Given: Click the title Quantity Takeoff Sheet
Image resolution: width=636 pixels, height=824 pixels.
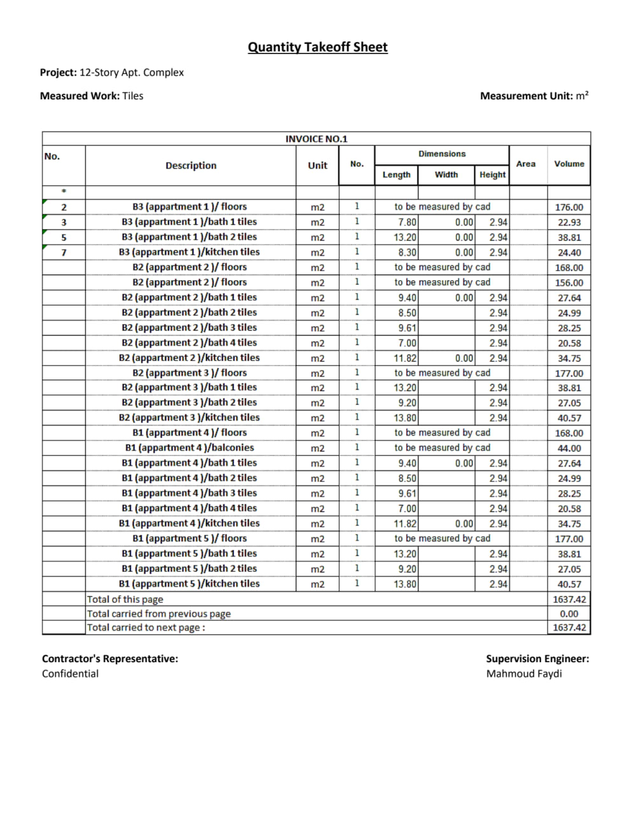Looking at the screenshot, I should click(317, 47).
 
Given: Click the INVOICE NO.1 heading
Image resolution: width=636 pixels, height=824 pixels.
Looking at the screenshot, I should click(316, 139).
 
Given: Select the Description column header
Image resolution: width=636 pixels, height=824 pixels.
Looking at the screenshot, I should click(191, 166).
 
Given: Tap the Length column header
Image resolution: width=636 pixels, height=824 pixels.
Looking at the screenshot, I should click(396, 174).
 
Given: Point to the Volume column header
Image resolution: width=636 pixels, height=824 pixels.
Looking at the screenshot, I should click(569, 164).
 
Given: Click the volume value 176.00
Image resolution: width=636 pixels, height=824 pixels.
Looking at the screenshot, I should click(569, 207).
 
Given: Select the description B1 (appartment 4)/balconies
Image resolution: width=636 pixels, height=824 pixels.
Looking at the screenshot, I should click(190, 448).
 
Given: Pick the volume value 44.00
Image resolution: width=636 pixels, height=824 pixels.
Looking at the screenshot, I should click(569, 448).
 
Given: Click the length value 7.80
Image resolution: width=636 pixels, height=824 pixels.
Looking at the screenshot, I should click(407, 222).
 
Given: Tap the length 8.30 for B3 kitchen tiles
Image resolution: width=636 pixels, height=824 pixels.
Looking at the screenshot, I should click(407, 252).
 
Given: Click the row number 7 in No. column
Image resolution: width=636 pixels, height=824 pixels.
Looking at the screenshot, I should click(64, 252).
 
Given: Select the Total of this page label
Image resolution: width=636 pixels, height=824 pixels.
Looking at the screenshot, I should click(125, 599).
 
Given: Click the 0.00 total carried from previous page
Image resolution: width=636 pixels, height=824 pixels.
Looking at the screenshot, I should click(569, 614).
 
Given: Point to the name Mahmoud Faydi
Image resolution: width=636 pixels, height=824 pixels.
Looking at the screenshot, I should click(523, 674).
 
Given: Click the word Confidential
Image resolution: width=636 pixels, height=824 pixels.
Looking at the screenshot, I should click(70, 674).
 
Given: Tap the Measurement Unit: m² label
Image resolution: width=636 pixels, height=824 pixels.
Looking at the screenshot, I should click(534, 96).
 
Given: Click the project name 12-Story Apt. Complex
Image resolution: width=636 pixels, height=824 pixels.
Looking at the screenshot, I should click(131, 73).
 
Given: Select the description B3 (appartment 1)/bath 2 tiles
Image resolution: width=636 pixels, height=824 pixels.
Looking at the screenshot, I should click(190, 237).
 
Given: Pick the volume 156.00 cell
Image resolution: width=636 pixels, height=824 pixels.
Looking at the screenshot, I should click(569, 283).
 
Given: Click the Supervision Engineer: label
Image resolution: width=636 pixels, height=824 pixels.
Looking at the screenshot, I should click(537, 658).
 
